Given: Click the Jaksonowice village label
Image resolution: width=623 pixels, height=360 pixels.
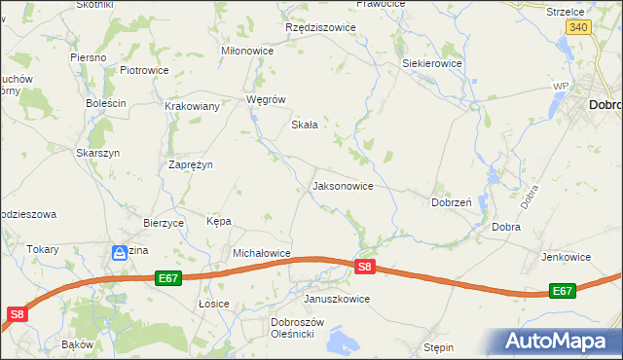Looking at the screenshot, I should click(342, 185).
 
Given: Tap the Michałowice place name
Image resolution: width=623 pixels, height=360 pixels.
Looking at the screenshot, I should click(262, 253).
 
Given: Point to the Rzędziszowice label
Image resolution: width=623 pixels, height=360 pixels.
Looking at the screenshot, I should click(320, 27).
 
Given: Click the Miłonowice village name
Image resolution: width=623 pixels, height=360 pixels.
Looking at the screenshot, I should click(248, 51).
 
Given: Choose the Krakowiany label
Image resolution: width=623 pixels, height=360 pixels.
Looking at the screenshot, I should click(192, 106).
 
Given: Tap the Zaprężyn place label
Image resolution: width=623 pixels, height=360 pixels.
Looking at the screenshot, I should click(191, 164).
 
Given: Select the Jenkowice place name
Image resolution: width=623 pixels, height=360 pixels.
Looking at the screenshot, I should click(567, 257).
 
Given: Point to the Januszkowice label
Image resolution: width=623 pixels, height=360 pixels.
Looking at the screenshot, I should click(337, 299).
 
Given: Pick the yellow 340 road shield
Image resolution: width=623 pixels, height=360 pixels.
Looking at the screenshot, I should click(578, 28).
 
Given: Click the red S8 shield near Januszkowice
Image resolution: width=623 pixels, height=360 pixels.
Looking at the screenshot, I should click(364, 267).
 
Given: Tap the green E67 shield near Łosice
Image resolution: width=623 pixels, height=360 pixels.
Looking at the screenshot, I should click(168, 278).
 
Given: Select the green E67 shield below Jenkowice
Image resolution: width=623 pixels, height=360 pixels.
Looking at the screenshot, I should click(562, 291).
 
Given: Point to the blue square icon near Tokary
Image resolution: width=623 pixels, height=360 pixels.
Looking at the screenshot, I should click(119, 252).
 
